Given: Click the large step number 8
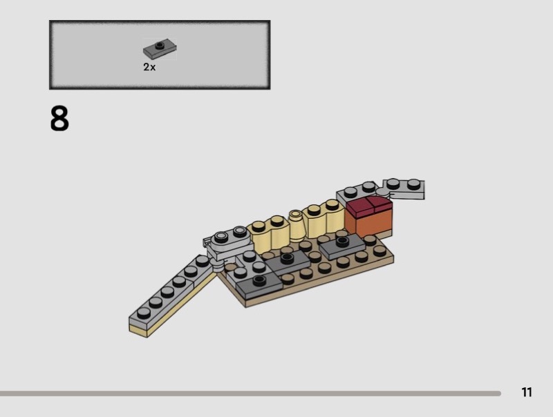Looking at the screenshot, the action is (x=59, y=119).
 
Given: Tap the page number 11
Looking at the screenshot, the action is (x=527, y=392).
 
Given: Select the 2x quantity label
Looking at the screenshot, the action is (x=149, y=67).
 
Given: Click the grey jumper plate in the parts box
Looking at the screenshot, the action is (x=160, y=50).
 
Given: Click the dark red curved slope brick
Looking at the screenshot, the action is (x=369, y=205).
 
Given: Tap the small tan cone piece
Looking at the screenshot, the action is (x=297, y=226).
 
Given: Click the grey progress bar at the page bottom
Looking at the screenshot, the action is (x=250, y=394).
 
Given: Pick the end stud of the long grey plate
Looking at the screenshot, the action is (x=144, y=312).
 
